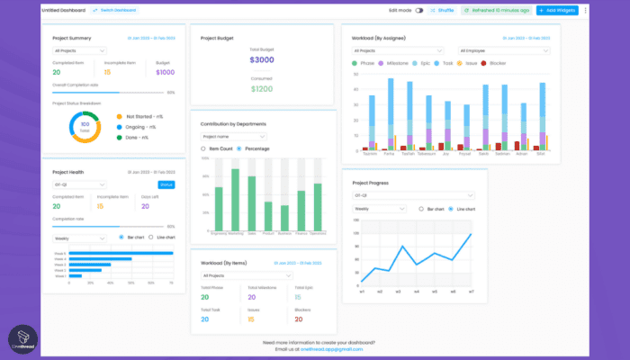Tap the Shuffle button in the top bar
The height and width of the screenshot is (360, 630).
click(442, 11)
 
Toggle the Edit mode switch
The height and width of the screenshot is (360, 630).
click(419, 11)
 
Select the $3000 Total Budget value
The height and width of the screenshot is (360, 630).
click(262, 58)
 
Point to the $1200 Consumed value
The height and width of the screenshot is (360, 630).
click(262, 89)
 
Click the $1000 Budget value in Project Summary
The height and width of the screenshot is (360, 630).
click(166, 72)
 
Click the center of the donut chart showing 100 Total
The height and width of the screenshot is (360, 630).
click(85, 127)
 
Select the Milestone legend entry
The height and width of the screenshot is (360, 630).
click(396, 64)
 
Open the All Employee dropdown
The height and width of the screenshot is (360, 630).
click(503, 50)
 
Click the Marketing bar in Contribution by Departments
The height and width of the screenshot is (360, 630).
click(236, 198)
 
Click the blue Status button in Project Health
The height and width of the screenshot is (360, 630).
click(166, 184)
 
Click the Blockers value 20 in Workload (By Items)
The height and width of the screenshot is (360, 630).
click(298, 319)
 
